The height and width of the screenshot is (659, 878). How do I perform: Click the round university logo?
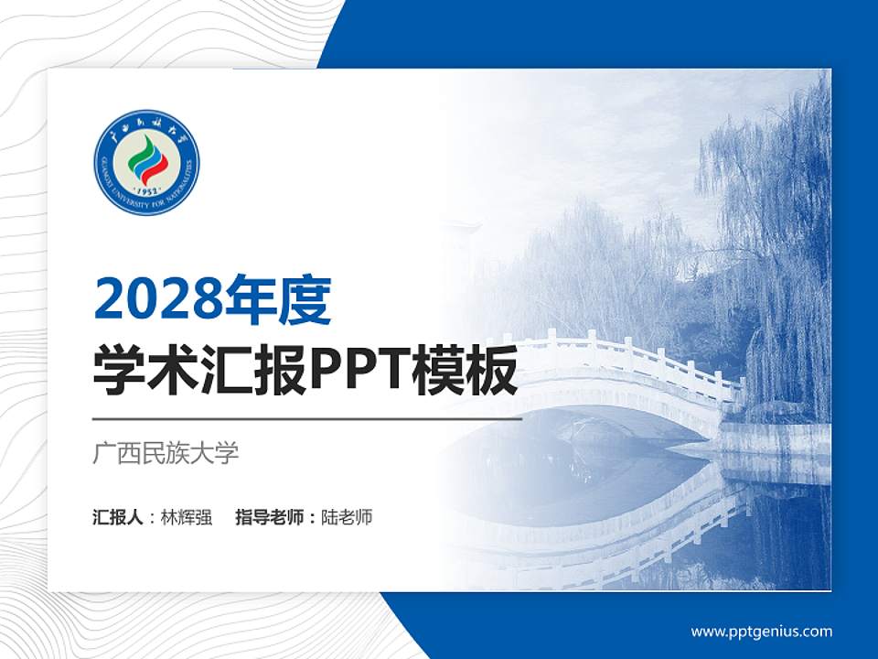point(146,162)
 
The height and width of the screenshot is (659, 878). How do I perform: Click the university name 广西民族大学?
point(166,453)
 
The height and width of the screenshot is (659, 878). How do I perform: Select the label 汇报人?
point(117,517)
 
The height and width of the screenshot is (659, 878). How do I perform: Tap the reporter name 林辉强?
point(186,517)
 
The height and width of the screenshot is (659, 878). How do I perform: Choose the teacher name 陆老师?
point(347,517)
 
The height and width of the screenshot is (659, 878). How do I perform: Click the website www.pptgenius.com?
point(761,631)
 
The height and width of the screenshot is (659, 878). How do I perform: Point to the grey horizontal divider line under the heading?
point(307,419)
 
